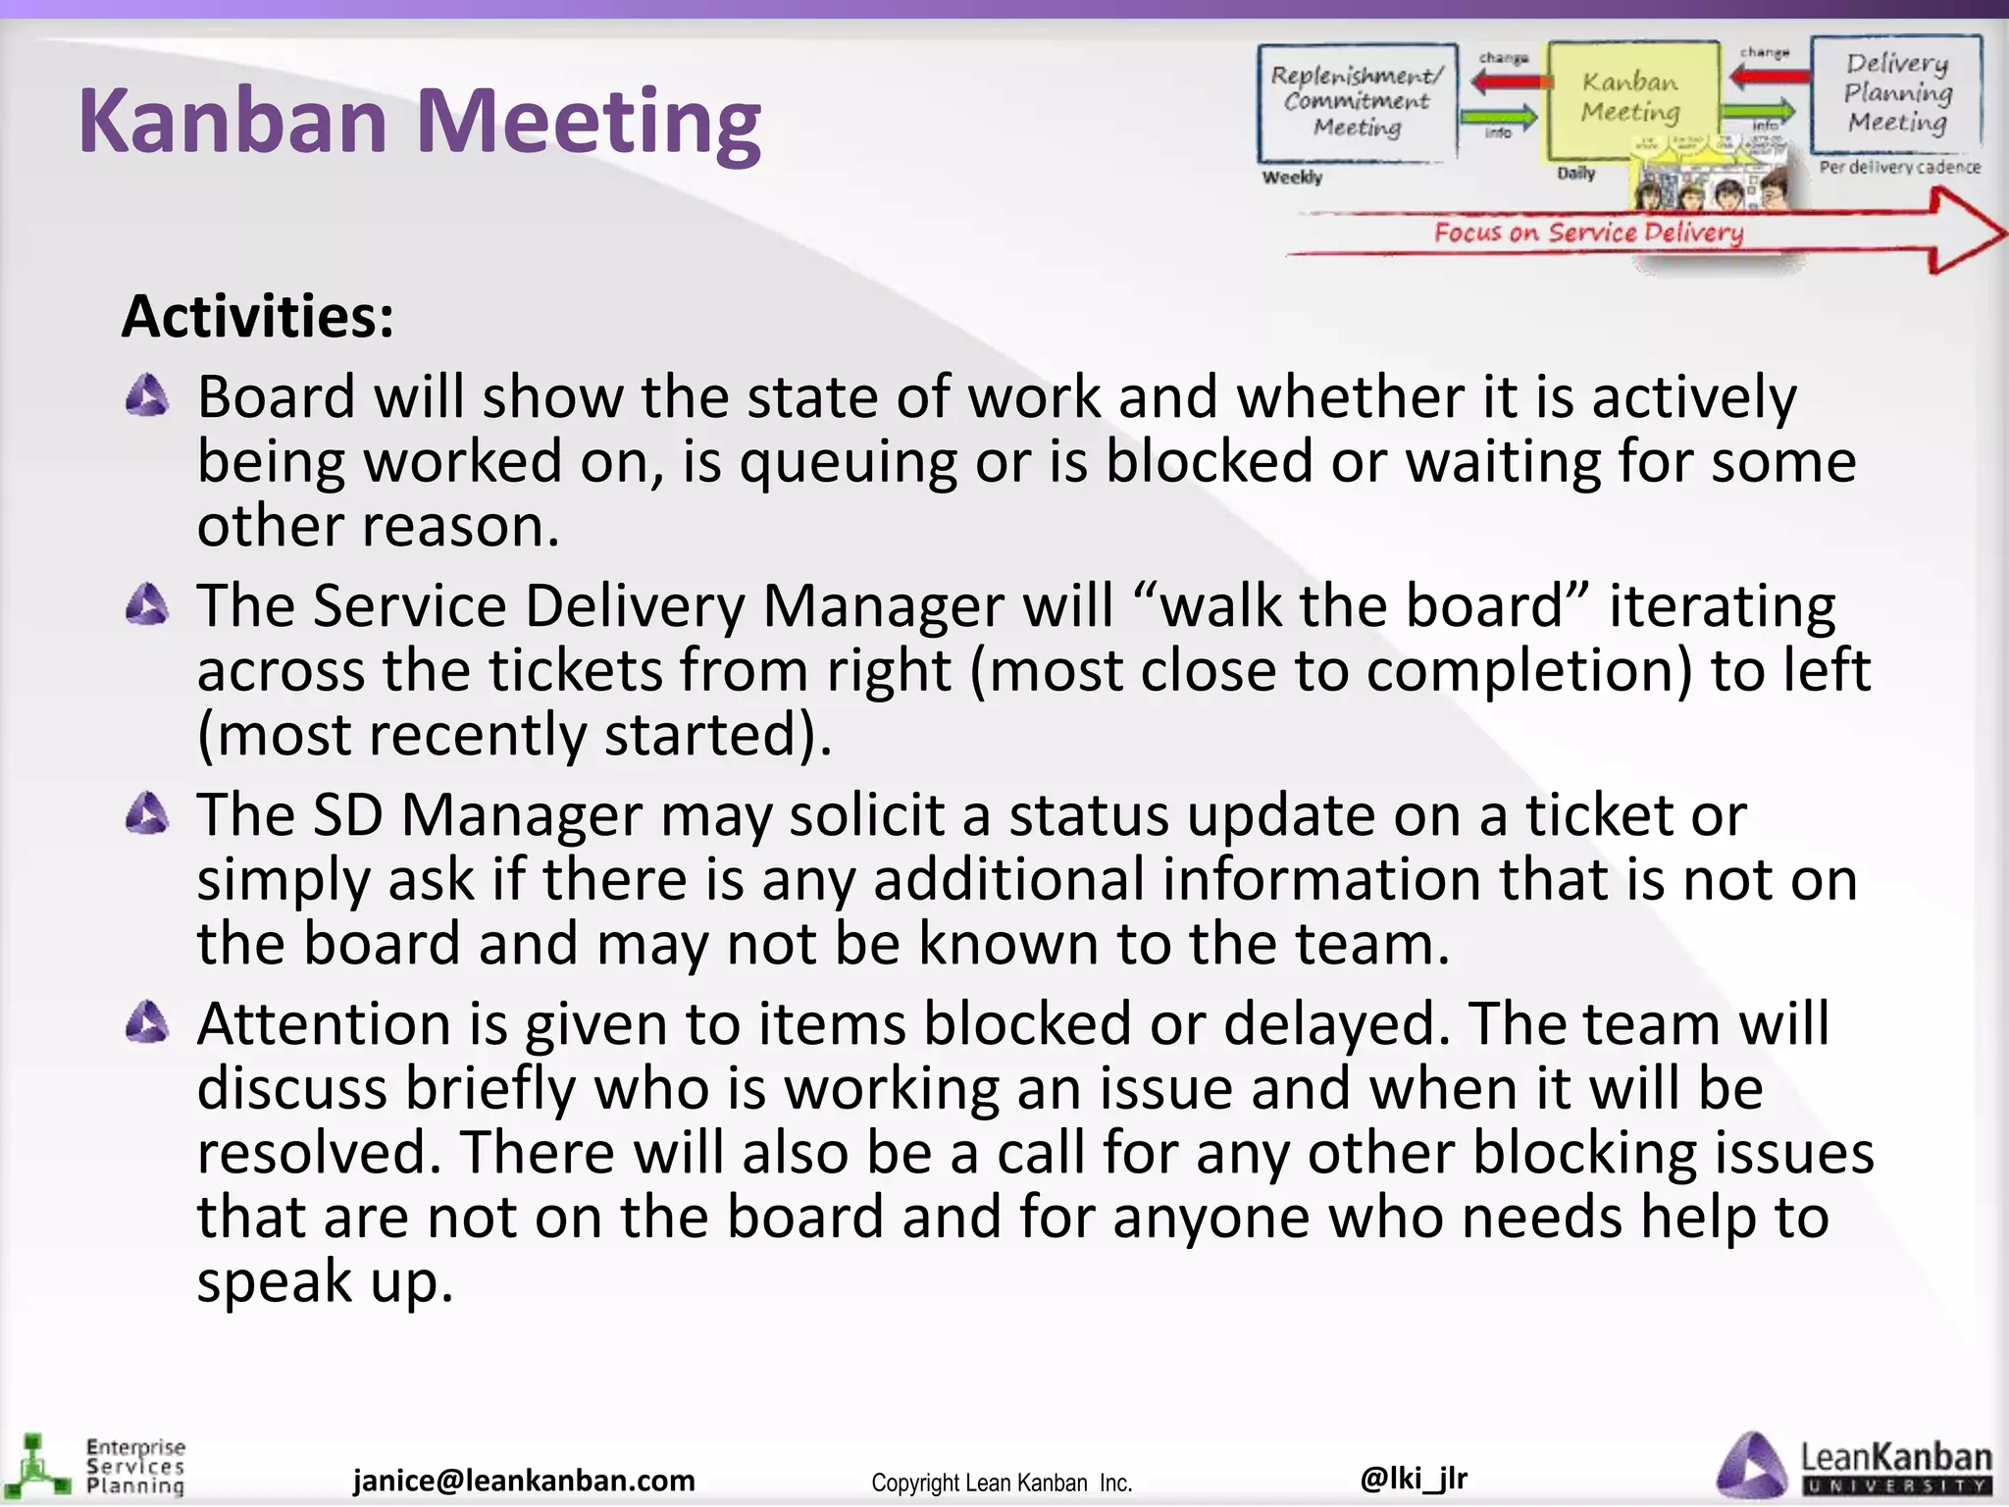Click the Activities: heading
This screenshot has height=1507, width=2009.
(x=258, y=317)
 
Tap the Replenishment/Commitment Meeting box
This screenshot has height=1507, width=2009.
(x=1357, y=102)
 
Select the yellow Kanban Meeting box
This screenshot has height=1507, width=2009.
(x=1630, y=98)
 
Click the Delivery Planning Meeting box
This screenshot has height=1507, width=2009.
(x=1897, y=92)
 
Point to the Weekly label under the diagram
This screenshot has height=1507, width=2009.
(x=1292, y=178)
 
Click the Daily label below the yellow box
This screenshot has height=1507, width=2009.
(x=1575, y=174)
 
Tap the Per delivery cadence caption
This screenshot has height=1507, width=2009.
(x=1899, y=168)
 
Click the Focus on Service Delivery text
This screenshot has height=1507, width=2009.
(x=1588, y=233)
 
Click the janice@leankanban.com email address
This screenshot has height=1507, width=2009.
(x=524, y=1480)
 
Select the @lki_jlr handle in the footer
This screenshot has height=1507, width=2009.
(x=1414, y=1477)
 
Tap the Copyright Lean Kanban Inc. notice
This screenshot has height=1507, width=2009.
(x=1002, y=1482)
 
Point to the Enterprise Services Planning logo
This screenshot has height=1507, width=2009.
(x=98, y=1467)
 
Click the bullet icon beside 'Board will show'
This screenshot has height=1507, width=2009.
(x=147, y=396)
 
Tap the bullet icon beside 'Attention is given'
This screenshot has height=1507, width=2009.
(x=147, y=1022)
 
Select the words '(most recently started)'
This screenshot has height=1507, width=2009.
(x=514, y=735)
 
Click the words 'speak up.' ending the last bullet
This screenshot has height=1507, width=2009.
(x=325, y=1281)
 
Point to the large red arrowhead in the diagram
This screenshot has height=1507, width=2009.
(x=1962, y=232)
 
